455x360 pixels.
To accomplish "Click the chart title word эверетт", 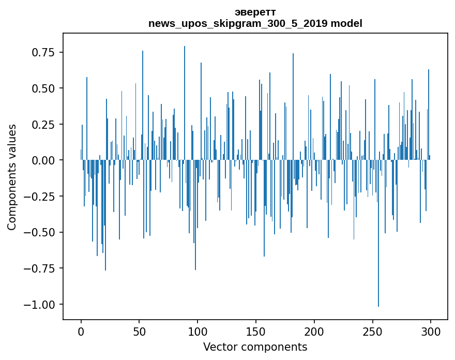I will [x=255, y=12].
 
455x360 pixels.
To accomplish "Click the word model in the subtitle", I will [x=348, y=24].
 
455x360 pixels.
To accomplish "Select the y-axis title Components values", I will [x=12, y=177].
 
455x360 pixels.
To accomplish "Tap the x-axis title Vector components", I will [x=255, y=347].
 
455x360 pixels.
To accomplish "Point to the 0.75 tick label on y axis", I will [x=44, y=53].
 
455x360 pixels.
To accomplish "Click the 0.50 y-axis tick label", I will [x=44, y=88].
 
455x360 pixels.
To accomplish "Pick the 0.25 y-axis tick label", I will [x=44, y=125].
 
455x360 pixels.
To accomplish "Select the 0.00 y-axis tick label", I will [x=44, y=160].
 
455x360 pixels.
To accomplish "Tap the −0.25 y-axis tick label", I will [x=40, y=197].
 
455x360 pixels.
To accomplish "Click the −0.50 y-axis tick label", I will [x=40, y=232].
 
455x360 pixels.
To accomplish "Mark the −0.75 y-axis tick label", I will [x=40, y=268].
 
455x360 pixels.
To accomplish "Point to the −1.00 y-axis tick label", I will [x=40, y=304].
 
